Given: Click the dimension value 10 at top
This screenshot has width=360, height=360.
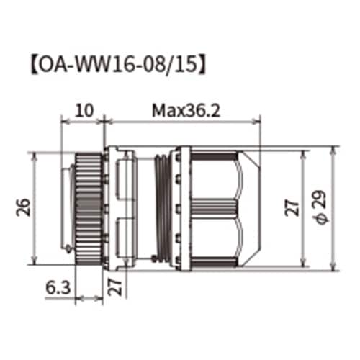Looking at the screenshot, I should (85, 111).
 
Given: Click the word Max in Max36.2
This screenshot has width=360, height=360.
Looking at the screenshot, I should (164, 111).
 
